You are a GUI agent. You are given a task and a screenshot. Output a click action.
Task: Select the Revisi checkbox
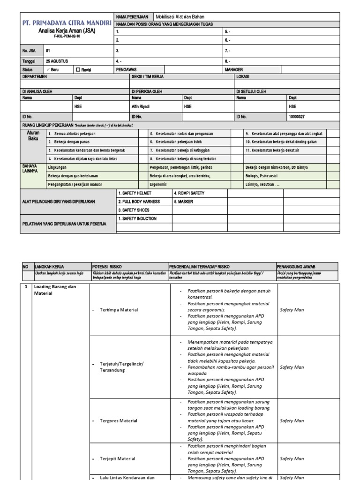coord(78,69)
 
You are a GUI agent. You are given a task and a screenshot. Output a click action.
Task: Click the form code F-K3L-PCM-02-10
coord(66,36)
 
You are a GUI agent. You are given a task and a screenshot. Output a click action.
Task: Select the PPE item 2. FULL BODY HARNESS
coord(139,202)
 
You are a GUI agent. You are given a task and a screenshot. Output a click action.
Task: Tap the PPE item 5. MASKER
coord(183,202)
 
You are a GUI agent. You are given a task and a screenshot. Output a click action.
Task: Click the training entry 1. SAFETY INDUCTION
coord(137,218)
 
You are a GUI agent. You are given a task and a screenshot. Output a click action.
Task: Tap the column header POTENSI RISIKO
coord(107,266)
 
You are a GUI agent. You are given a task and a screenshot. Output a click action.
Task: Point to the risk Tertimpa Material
coord(119,310)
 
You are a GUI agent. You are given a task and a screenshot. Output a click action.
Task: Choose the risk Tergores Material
coord(119,420)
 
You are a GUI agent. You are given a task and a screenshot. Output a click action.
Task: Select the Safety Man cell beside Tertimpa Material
coord(292,310)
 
